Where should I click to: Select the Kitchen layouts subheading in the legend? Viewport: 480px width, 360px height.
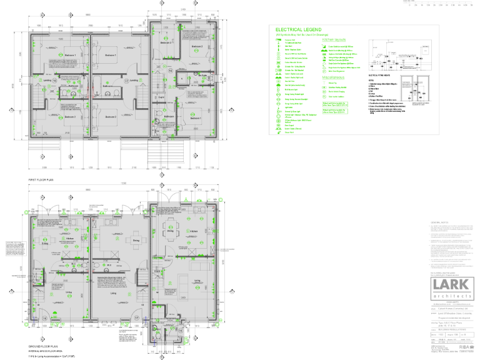335,39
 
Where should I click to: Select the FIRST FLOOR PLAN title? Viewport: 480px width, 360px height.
41,179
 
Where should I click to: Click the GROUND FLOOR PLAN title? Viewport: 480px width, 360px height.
44,346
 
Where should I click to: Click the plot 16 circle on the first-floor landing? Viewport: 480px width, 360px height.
54,81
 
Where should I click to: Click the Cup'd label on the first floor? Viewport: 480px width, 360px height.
161,97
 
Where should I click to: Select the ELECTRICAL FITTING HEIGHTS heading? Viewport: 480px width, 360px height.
379,74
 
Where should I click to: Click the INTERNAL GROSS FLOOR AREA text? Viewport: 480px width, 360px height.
48,351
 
